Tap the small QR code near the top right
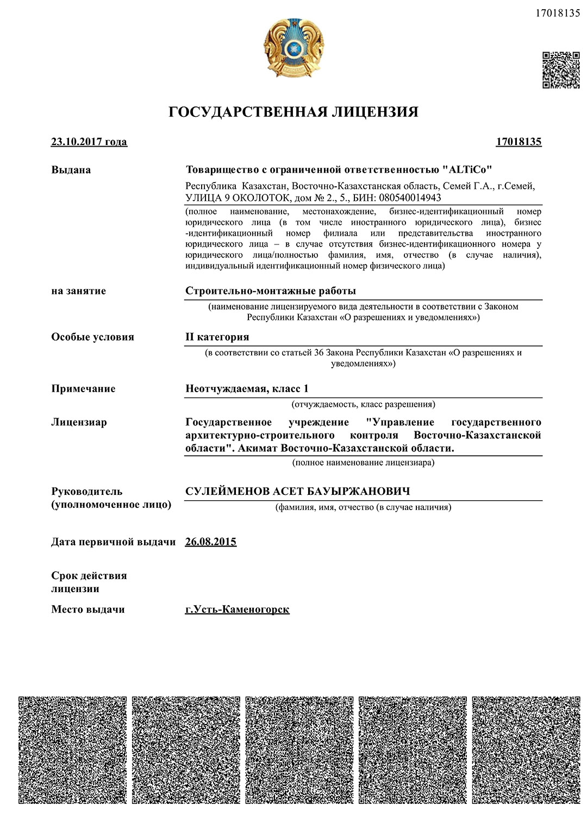[x=561, y=70]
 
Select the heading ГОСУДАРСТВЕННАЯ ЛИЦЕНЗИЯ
[x=293, y=112]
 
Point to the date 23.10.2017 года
[x=89, y=142]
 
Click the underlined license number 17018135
[x=519, y=142]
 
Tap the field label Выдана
[x=71, y=170]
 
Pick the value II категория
[x=217, y=337]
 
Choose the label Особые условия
[x=92, y=337]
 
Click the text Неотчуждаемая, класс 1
[x=247, y=389]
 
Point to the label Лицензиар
[x=79, y=422]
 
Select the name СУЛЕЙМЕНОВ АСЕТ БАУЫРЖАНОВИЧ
[x=298, y=492]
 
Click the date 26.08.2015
[x=211, y=542]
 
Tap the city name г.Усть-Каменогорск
[x=237, y=609]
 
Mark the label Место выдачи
[x=88, y=609]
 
